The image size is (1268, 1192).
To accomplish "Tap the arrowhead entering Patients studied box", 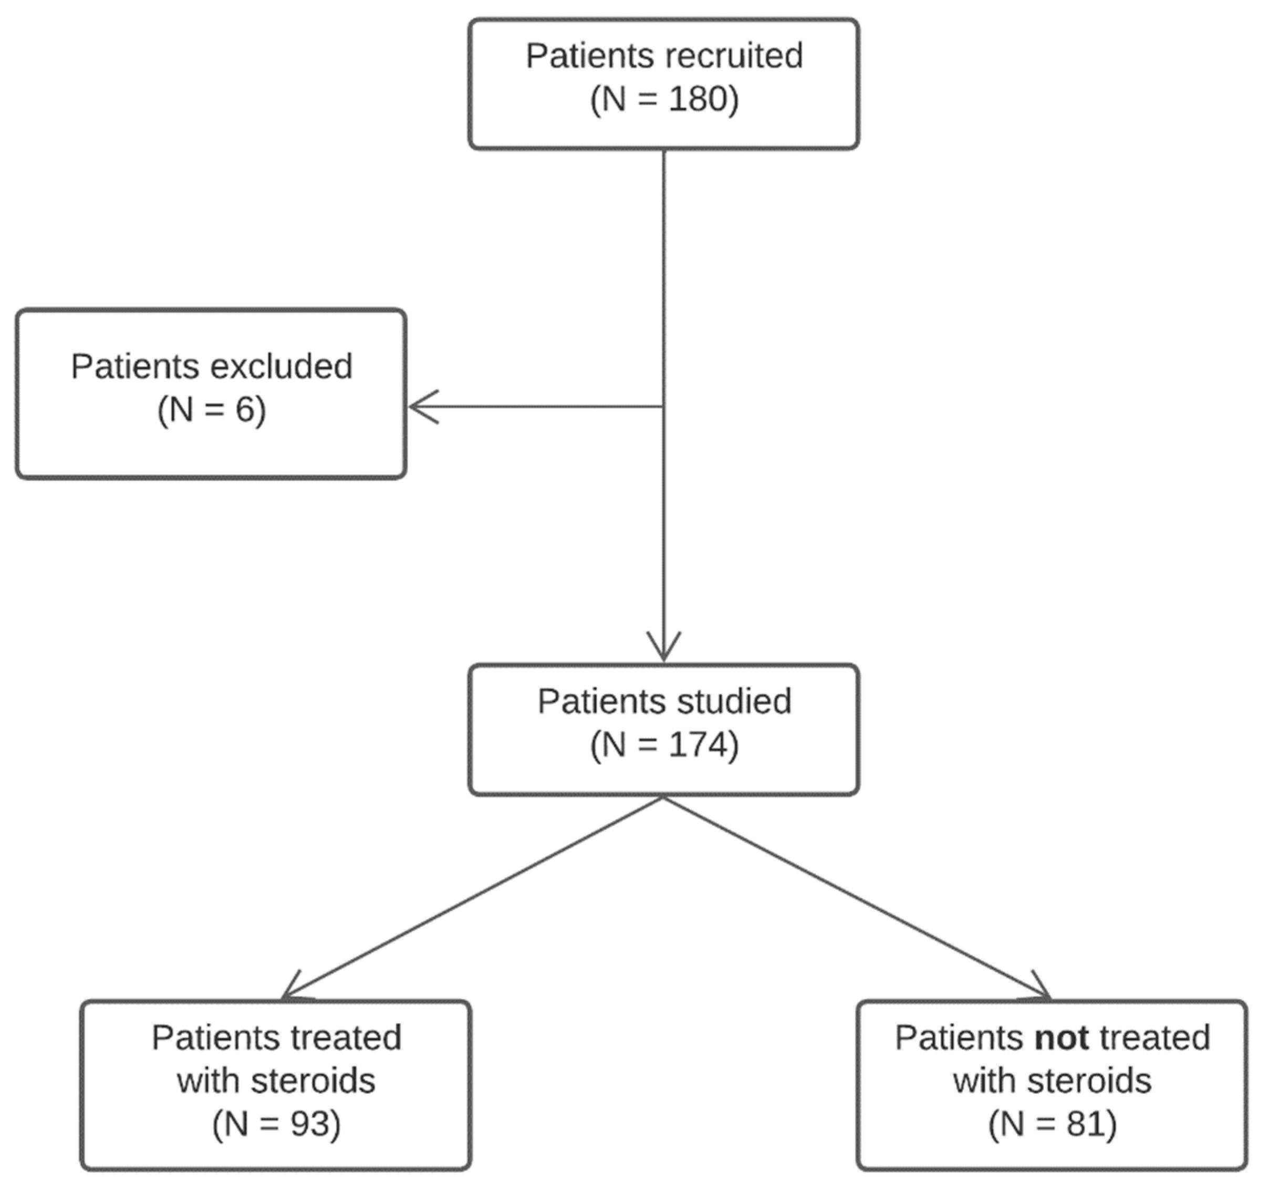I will tap(663, 649).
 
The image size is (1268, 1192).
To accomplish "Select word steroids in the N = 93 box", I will tap(313, 1081).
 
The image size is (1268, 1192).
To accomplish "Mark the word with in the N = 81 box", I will tap(986, 1081).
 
